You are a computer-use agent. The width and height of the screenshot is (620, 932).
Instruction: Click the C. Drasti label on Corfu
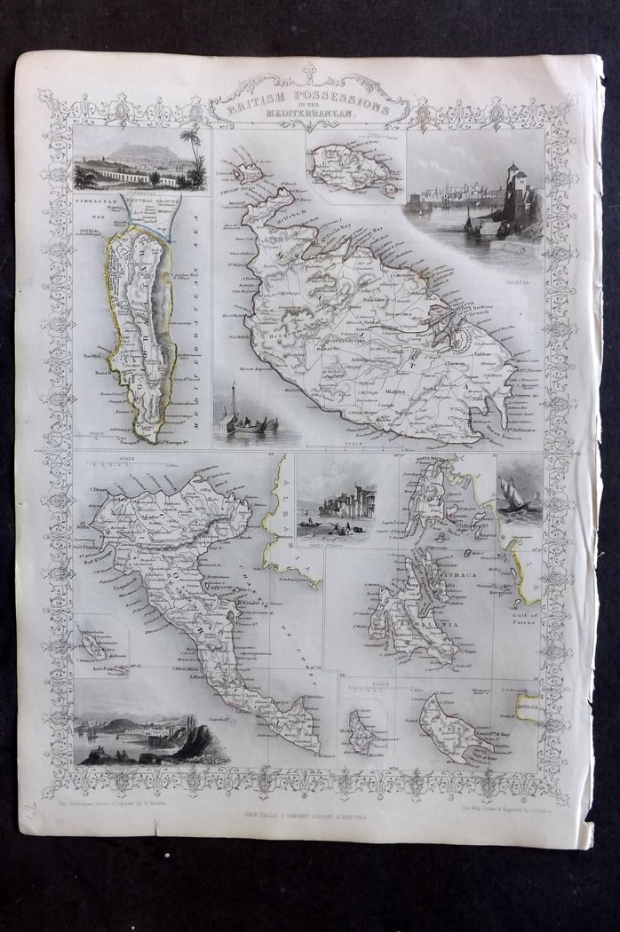[x=99, y=490]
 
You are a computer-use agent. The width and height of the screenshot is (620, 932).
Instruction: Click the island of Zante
[x=454, y=728]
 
